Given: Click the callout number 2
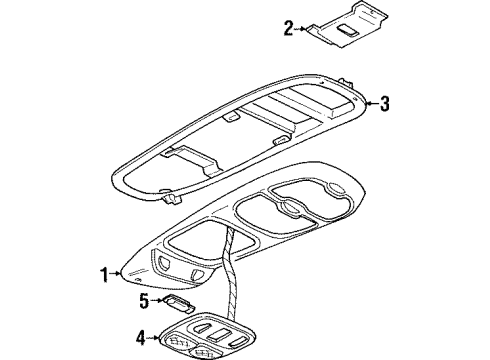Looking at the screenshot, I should click(289, 28).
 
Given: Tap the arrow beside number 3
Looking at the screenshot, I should click(370, 101).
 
